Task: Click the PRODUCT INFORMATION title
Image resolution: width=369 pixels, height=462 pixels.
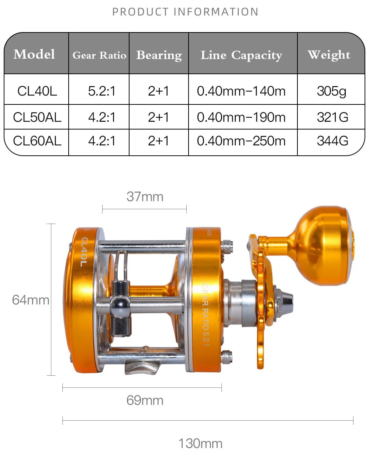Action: click(x=185, y=12)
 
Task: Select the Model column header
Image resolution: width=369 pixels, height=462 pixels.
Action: click(x=34, y=54)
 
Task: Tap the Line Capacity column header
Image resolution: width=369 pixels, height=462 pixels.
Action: click(x=241, y=55)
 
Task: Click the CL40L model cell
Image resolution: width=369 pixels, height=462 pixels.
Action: click(x=37, y=91)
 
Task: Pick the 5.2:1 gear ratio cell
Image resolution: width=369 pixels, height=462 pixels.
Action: click(x=102, y=91)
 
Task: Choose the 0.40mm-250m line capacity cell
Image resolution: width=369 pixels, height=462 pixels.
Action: click(x=241, y=141)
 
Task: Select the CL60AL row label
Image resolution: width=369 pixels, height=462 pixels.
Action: click(x=37, y=141)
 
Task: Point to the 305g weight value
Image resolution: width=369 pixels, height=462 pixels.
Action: click(x=331, y=91)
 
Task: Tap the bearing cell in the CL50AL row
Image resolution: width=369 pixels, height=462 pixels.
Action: click(x=158, y=117)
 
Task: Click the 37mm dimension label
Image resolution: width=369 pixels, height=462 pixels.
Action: click(x=145, y=197)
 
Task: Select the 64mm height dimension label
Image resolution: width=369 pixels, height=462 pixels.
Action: click(x=31, y=300)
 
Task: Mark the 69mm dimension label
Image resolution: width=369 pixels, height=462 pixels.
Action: click(x=145, y=400)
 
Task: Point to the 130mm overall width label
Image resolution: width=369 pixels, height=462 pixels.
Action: click(x=200, y=443)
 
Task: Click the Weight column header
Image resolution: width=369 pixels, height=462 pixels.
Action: click(x=329, y=55)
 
